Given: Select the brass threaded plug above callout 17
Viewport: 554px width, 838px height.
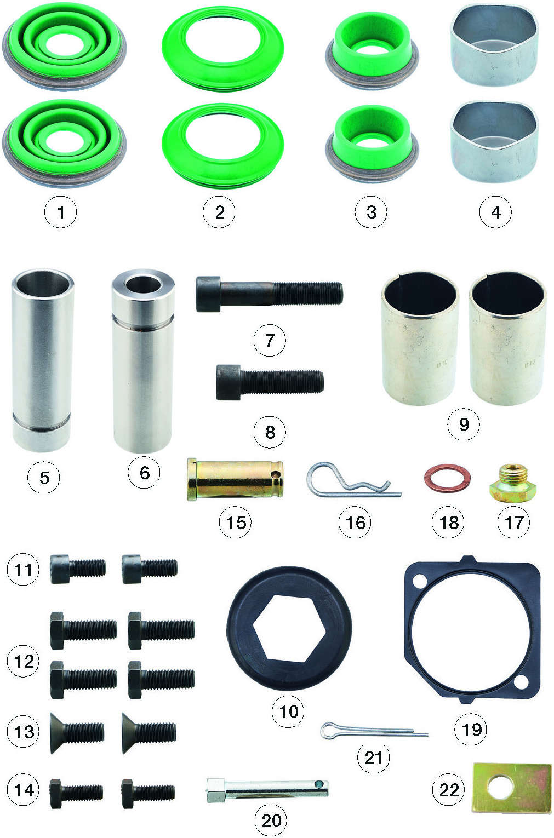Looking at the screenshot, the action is tap(513, 483).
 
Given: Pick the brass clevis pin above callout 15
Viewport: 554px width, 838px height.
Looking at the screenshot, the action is tap(235, 480).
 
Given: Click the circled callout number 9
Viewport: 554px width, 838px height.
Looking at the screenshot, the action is tap(464, 424).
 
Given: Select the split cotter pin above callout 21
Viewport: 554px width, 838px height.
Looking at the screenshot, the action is tap(374, 730).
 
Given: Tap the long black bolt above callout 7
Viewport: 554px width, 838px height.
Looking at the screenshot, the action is tap(269, 294).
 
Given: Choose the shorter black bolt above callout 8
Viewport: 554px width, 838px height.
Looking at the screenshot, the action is tap(270, 382).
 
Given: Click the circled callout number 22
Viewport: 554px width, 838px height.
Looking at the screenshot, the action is tap(449, 790).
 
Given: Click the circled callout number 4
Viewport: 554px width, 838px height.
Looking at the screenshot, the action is tap(495, 213).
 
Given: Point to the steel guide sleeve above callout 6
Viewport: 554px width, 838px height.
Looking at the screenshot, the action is tap(143, 360).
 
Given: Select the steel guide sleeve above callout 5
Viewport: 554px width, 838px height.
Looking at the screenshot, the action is tap(42, 360).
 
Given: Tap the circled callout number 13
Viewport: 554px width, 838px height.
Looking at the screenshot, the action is tap(23, 732).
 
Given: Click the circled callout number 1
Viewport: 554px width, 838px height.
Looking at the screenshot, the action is tap(60, 213).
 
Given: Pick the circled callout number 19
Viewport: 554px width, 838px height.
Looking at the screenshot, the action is tap(471, 729).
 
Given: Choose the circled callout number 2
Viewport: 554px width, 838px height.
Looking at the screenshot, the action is tap(219, 213).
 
